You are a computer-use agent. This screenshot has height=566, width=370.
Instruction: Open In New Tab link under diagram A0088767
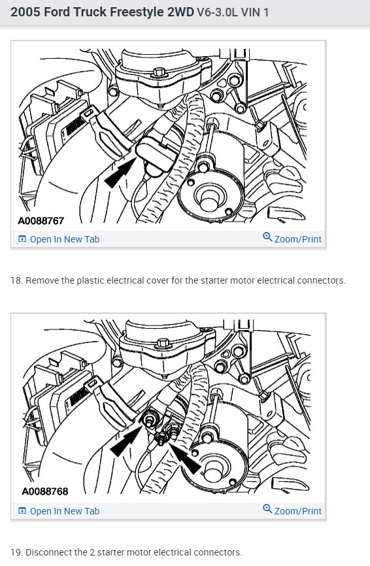pos(64,239)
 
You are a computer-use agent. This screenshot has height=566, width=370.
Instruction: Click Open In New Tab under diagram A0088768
pos(64,511)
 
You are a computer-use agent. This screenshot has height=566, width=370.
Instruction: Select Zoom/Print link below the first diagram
pos(297,239)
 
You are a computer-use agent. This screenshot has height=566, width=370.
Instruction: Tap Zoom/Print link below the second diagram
pos(297,511)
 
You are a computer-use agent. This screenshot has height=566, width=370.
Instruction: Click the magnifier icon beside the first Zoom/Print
pos(267,237)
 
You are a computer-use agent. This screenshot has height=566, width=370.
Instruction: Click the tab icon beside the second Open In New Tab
pos(22,511)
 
